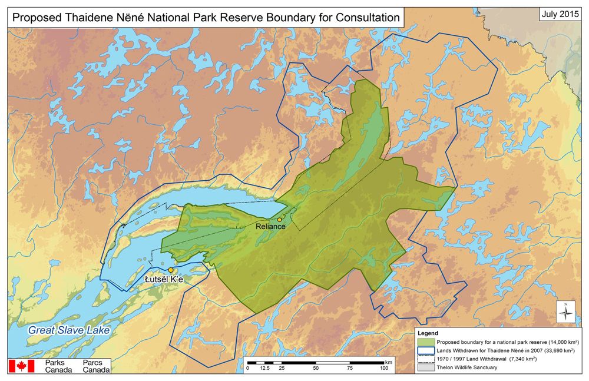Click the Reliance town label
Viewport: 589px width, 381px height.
(x=270, y=227)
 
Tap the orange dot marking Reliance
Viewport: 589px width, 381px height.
(x=279, y=220)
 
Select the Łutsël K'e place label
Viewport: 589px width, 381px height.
(x=164, y=279)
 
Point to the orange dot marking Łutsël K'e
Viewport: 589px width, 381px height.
(x=171, y=270)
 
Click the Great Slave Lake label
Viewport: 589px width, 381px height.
(x=69, y=331)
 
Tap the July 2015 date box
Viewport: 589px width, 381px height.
(x=560, y=14)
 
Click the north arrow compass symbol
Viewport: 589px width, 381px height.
(x=566, y=312)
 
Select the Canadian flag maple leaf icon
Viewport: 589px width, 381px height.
(x=21, y=366)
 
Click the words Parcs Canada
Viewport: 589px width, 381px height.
(x=96, y=366)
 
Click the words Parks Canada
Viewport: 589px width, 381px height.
(x=58, y=366)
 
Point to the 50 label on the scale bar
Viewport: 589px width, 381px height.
(x=316, y=368)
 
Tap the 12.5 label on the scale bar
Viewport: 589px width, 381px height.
(x=265, y=368)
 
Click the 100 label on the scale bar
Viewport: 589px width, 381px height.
(x=384, y=368)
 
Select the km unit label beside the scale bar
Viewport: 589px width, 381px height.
(x=388, y=361)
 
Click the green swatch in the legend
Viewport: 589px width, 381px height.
(x=425, y=342)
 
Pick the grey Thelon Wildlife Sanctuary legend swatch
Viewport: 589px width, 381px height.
(x=425, y=367)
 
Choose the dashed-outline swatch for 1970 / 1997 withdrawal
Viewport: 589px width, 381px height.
(x=425, y=359)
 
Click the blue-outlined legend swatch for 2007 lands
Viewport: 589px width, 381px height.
(x=425, y=350)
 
